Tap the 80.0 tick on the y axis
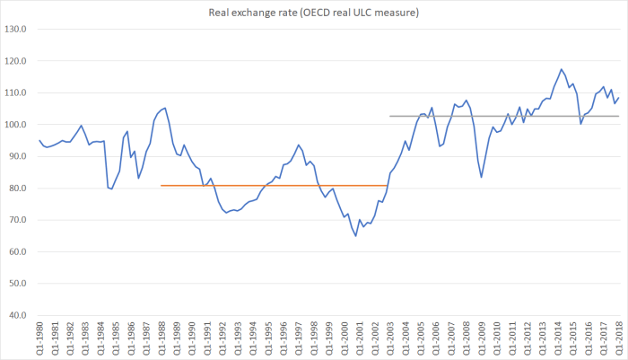[x=17, y=189]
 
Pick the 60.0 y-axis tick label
[x=17, y=251]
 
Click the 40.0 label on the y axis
[x=17, y=315]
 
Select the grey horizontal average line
[x=502, y=116]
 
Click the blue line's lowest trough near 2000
[x=355, y=236]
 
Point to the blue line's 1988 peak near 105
[x=165, y=108]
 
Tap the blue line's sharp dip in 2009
[x=481, y=177]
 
